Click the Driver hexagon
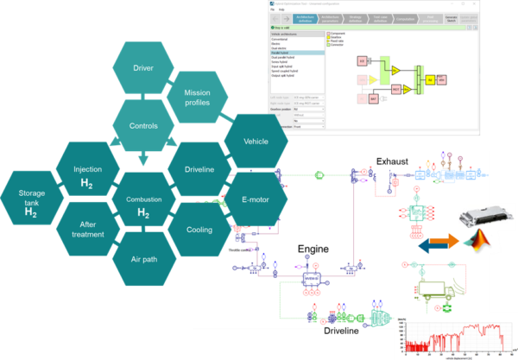coord(142,67)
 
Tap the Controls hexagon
coord(142,125)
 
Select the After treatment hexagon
coord(86,228)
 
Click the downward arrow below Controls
coord(142,159)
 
